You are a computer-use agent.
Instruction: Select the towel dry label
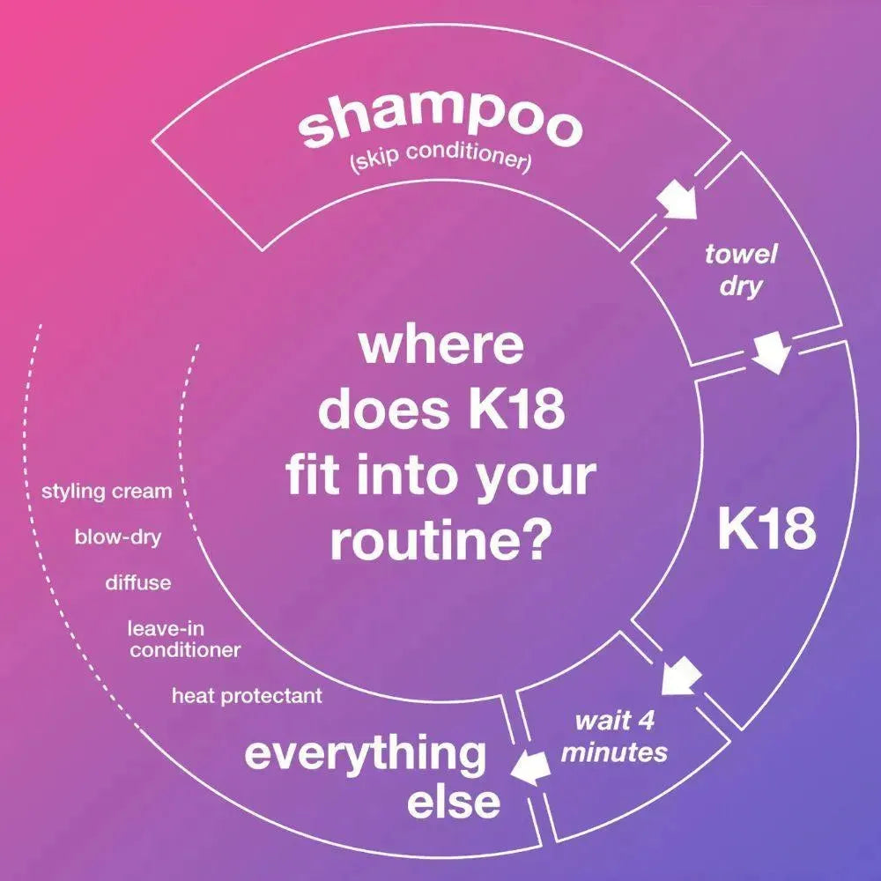[741, 270]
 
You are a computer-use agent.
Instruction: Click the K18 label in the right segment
[767, 529]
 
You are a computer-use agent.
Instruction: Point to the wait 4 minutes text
[614, 736]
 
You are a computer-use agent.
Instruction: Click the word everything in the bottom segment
[366, 754]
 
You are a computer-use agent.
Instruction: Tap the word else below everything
[454, 801]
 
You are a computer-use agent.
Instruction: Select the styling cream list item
[107, 492]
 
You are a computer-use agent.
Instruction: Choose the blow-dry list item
[118, 537]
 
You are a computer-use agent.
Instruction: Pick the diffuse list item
[138, 582]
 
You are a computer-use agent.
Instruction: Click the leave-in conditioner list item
[184, 639]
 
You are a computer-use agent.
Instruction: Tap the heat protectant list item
[248, 696]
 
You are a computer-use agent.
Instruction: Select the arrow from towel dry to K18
[772, 352]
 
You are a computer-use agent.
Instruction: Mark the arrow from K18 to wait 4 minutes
[680, 676]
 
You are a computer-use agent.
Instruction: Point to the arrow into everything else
[529, 767]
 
